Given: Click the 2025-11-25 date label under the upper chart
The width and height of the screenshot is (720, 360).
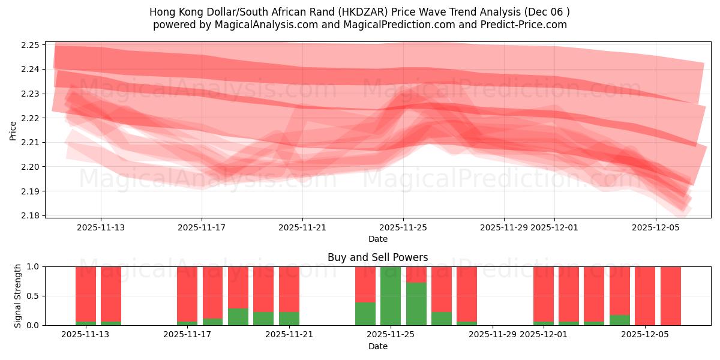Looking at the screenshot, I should [403, 227].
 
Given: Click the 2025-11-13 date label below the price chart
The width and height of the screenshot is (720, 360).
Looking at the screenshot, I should [101, 227].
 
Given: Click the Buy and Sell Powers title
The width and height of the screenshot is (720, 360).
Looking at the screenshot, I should [377, 257].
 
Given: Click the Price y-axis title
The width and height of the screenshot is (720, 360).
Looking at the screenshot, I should [13, 130].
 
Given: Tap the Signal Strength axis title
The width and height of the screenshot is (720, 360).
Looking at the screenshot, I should [18, 296].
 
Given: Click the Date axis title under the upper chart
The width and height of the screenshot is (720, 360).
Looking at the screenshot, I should [377, 239].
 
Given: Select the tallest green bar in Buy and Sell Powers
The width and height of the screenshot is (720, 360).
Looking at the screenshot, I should [391, 296].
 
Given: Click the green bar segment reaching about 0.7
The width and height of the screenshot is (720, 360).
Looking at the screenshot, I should [416, 304].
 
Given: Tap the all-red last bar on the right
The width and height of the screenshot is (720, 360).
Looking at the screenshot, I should [670, 296].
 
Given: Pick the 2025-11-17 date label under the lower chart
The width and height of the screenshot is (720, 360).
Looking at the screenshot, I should [188, 335].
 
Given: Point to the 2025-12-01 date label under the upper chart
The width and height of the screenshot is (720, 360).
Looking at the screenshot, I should [554, 227].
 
